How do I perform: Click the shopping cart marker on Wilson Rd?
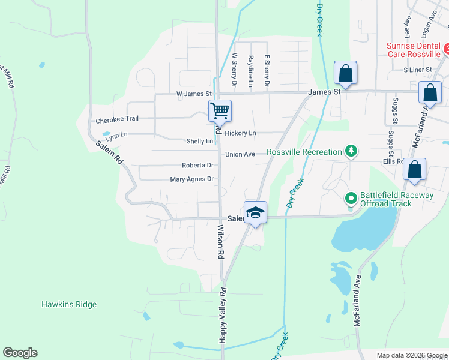(220, 110)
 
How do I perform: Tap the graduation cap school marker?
(255, 212)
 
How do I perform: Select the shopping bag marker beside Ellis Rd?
(414, 170)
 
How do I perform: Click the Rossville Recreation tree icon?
(351, 152)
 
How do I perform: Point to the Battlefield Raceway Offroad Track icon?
(351, 197)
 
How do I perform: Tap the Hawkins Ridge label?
(69, 304)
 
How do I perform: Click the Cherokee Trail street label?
(117, 119)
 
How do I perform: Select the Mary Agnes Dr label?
(192, 179)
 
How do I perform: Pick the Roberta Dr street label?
(197, 165)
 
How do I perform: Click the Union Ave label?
(240, 154)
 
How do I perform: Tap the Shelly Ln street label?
(199, 141)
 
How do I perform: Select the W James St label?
(194, 94)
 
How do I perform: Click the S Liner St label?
(418, 70)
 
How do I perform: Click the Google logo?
(20, 353)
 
